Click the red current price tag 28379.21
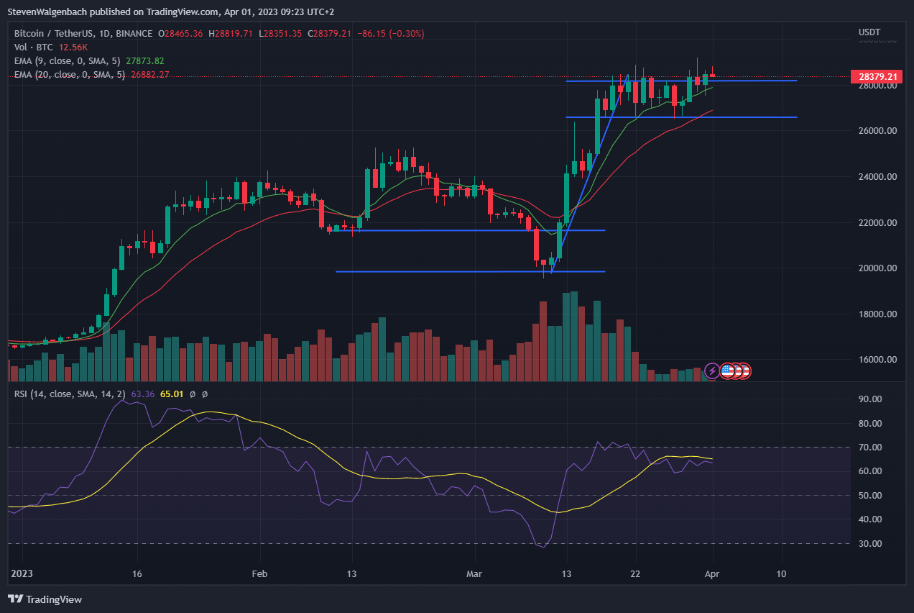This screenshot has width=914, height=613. click(874, 76)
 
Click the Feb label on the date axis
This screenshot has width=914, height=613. click(259, 574)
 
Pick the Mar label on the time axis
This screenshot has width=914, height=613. click(474, 574)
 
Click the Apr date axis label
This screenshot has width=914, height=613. click(712, 574)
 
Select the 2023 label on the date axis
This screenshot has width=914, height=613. click(22, 574)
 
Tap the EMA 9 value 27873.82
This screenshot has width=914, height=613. click(144, 60)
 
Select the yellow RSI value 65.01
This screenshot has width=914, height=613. click(171, 394)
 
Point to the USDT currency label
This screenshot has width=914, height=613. click(869, 32)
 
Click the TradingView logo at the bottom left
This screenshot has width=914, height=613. click(45, 599)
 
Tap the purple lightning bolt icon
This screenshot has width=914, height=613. click(711, 371)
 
